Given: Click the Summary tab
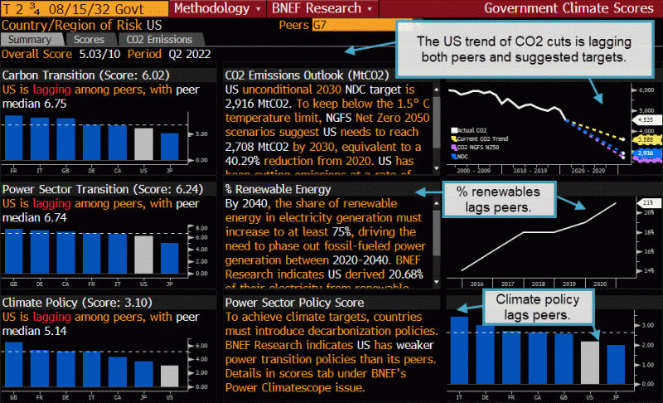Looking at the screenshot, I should click(31, 39).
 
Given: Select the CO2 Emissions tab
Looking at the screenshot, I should click(158, 39).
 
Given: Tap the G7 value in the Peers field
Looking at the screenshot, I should click(318, 24).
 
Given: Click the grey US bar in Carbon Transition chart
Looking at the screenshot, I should click(144, 143).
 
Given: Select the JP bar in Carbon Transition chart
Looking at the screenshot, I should click(169, 146).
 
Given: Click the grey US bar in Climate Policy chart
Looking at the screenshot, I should click(169, 376).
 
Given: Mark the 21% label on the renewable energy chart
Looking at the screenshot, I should click(647, 202).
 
